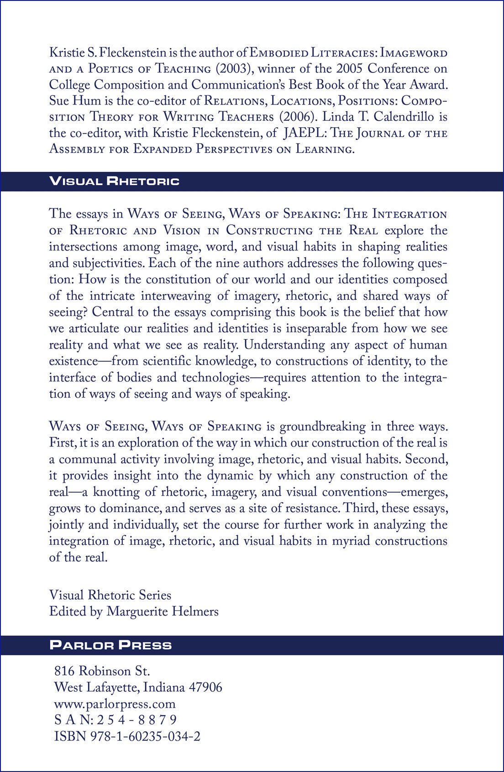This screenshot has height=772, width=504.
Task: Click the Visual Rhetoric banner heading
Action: [115, 181]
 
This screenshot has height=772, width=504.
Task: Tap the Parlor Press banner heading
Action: [111, 645]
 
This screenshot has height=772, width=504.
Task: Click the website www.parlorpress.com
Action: [115, 704]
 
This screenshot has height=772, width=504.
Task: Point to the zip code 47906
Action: [205, 687]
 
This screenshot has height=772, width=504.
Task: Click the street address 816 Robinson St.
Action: [102, 671]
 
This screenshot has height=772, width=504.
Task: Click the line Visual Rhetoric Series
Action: [110, 595]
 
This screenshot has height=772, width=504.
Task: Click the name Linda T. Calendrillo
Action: [378, 117]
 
